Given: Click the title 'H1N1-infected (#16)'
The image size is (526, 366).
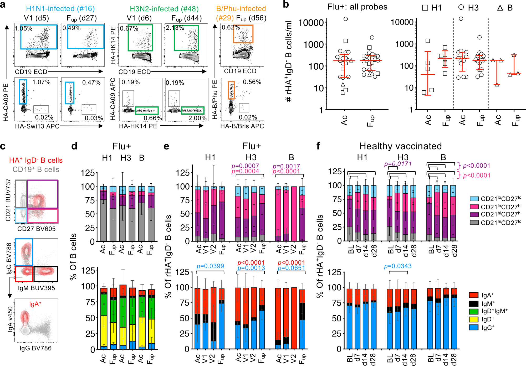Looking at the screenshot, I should click(60, 9).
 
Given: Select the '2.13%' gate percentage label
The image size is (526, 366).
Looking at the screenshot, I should click(175, 28).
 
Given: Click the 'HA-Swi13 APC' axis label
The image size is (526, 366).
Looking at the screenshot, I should click(37, 126).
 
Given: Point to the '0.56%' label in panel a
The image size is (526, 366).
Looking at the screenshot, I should click(252, 82).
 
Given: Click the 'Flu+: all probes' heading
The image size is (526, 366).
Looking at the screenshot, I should click(357, 7).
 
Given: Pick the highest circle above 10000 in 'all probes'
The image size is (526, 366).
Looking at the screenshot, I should click(346, 19).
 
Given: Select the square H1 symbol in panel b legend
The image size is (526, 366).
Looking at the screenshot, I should click(425, 8).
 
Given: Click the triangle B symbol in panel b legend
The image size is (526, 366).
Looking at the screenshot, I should click(500, 8).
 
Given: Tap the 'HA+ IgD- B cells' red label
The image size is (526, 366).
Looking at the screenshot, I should click(36, 160).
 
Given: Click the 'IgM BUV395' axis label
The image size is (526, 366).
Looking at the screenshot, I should click(37, 288).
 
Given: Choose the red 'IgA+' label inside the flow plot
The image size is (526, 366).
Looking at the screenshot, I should click(35, 304).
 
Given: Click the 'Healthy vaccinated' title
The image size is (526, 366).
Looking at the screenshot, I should click(400, 146).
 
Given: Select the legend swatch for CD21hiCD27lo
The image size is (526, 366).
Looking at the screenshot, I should click(474, 223).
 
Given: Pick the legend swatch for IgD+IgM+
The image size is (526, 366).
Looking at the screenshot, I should click(473, 311).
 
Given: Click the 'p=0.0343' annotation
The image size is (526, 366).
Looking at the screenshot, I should click(398, 266).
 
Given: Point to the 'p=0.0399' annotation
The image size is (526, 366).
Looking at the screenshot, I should click(210, 266).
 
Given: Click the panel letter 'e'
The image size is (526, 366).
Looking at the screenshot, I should click(166, 146).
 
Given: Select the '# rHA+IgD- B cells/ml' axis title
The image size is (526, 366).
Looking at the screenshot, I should click(289, 61).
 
